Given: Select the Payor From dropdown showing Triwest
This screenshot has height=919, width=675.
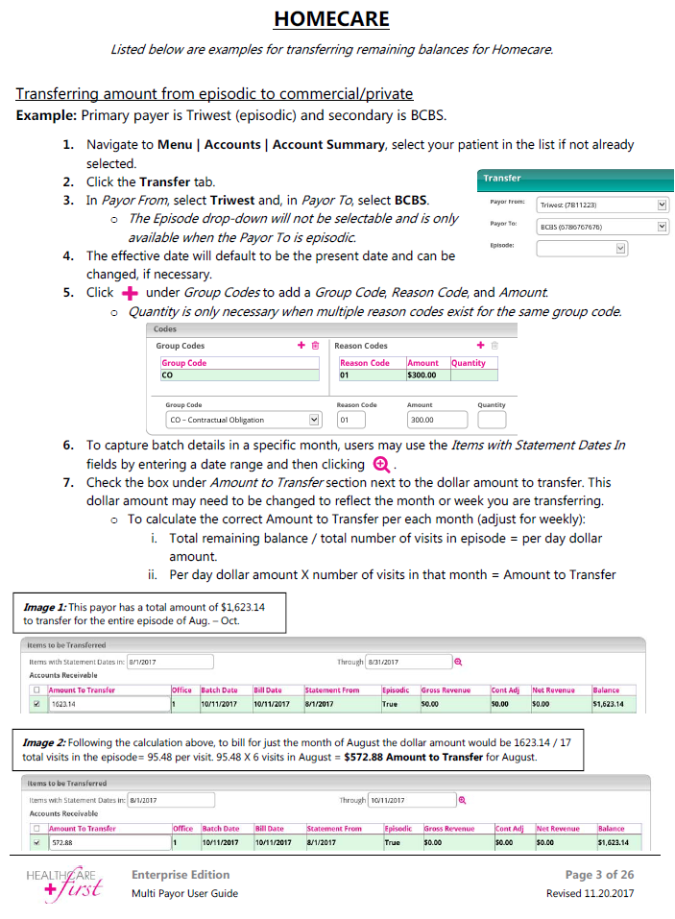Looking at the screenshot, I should click(x=602, y=205).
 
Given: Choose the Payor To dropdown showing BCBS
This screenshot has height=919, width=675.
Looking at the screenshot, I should click(x=602, y=227).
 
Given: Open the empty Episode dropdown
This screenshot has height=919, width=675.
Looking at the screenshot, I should click(x=582, y=248).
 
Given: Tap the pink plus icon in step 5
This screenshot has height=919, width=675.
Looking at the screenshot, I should click(x=126, y=292).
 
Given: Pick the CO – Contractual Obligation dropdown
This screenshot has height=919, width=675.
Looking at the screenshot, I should click(x=243, y=420).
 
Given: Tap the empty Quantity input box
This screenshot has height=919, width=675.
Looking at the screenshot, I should click(x=491, y=420).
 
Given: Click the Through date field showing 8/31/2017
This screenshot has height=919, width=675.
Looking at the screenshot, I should click(x=407, y=662).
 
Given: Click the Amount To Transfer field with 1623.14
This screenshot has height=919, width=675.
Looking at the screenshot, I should click(x=108, y=704).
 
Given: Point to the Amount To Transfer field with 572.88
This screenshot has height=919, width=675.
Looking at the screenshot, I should click(x=108, y=842).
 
